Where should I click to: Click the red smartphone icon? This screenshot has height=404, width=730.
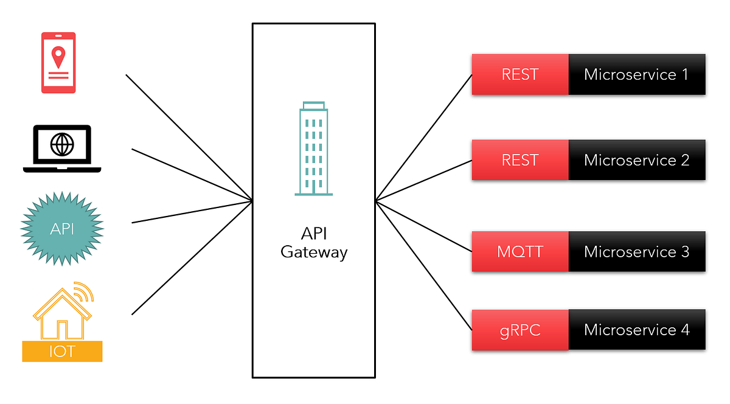click(x=58, y=63)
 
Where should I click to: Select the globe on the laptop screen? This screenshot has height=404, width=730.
click(x=62, y=145)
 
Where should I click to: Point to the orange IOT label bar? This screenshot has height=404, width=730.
click(x=62, y=352)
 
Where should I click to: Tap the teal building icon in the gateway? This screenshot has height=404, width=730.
click(x=314, y=150)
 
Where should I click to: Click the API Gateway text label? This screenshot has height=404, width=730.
click(x=314, y=243)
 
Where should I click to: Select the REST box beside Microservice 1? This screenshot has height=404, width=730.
click(x=520, y=74)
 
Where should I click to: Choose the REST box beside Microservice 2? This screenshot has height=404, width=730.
click(x=520, y=160)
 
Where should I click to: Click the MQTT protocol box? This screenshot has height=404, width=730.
click(x=520, y=251)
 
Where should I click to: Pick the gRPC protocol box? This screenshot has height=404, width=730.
click(x=520, y=330)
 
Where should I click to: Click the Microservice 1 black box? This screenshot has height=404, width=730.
click(x=636, y=74)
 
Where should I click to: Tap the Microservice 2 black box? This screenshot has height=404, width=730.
click(x=636, y=160)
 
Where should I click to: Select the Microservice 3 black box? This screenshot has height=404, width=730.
click(x=636, y=251)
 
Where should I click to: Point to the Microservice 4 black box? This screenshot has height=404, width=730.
click(x=636, y=330)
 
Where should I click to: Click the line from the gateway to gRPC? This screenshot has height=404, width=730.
click(x=424, y=265)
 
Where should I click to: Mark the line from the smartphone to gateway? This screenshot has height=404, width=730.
click(x=189, y=138)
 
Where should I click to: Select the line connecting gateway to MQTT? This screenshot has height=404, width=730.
click(x=424, y=226)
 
